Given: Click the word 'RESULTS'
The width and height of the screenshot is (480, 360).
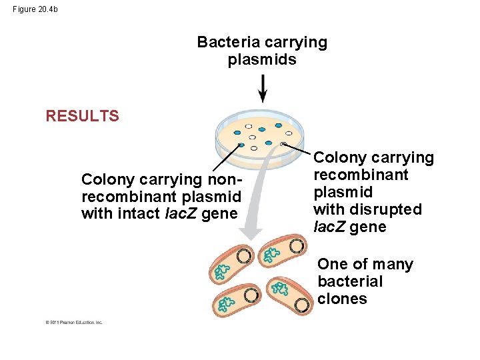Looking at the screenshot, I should click(82, 116).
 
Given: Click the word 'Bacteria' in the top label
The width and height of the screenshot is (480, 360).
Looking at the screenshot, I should click(229, 43).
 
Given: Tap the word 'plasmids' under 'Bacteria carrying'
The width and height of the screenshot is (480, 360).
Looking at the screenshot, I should click(262, 60).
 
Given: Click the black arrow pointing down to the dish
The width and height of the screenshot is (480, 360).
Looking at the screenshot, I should click(263, 88).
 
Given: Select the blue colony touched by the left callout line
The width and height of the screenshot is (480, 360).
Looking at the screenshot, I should click(241, 145).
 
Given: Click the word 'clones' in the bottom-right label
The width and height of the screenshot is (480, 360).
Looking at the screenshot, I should click(342, 299).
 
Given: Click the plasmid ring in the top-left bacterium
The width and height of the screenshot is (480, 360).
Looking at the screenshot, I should click(244, 256).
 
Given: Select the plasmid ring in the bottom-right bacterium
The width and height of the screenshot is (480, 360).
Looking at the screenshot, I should click(303, 305).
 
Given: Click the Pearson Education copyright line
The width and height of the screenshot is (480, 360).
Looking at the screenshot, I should click(74, 322).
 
